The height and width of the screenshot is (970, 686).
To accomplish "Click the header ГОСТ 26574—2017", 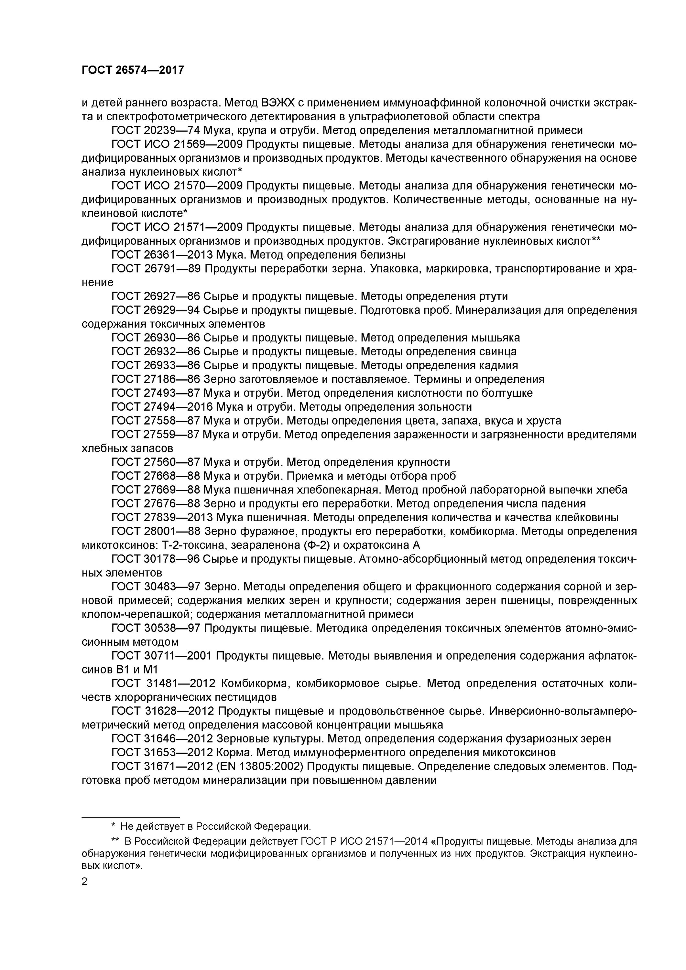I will tap(133, 70).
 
